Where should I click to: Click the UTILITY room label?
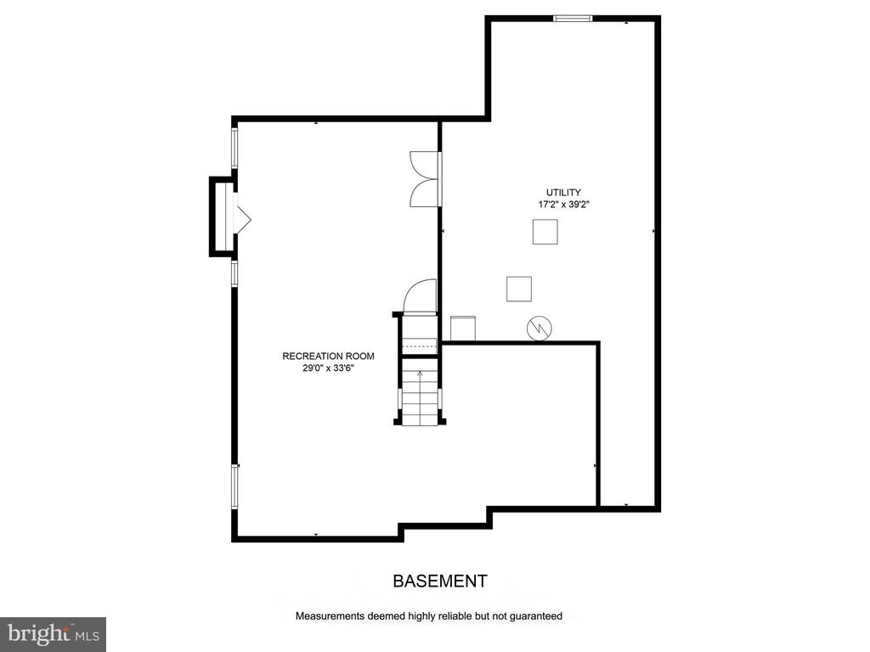tap(563, 193)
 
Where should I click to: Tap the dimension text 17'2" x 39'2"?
tap(563, 205)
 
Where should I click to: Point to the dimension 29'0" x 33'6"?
tap(328, 368)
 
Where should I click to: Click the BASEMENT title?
tap(440, 581)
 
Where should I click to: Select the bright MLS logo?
tap(54, 634)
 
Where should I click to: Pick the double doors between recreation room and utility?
tap(426, 178)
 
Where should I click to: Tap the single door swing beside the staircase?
tap(420, 295)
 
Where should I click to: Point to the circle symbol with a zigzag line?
tap(540, 329)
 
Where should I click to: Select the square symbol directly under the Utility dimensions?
tap(545, 232)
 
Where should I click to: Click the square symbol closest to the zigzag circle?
tap(519, 289)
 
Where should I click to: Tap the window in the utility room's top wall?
tap(573, 19)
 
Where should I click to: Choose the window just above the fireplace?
tap(234, 148)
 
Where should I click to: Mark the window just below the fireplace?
tap(234, 274)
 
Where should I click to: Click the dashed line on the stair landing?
tap(420, 346)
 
